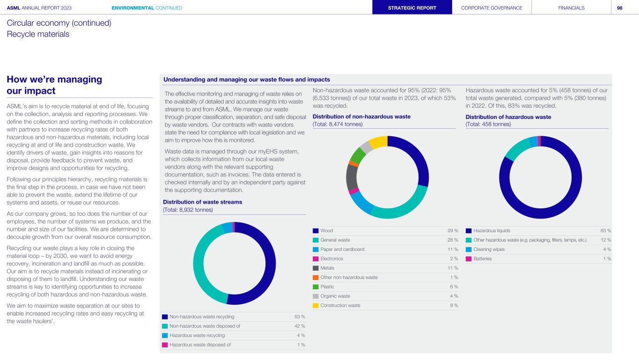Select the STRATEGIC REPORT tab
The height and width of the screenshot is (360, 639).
[x=412, y=7]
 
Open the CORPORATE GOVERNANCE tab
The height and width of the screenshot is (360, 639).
[x=492, y=7]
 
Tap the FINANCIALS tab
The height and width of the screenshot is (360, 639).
[x=571, y=7]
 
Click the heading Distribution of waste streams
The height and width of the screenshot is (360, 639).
[x=202, y=202]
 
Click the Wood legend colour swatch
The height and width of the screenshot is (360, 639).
[x=316, y=230]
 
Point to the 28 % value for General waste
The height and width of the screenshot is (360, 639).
[x=453, y=240]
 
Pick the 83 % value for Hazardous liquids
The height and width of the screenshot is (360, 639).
[x=606, y=230]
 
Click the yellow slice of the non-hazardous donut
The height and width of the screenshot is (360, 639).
[x=378, y=141]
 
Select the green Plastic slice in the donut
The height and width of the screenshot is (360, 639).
[x=357, y=155]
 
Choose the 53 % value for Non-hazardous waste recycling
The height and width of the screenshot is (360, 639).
[x=300, y=317]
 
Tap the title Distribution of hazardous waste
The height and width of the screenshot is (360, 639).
[x=508, y=117]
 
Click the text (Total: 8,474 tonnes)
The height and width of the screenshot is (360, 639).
[x=338, y=124]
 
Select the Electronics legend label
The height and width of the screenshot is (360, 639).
[x=331, y=258]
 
